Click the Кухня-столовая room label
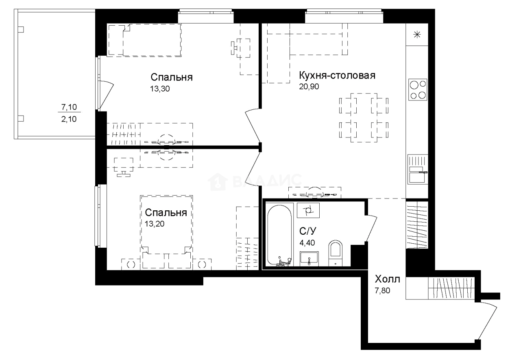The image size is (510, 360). point(336,76)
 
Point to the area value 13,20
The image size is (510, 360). point(155,223)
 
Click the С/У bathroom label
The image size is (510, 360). point(308,231)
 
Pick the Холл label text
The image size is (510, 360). point(387,279)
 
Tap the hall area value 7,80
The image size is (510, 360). point(382,291)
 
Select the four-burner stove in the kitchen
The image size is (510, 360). point(418,90)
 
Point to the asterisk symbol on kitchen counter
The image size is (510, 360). point(417,35)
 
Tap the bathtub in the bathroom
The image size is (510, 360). point(279,235)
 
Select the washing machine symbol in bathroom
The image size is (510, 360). point(309,211)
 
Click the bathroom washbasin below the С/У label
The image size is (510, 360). point(309,259)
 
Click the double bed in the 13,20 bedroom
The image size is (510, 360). point(166,228)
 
